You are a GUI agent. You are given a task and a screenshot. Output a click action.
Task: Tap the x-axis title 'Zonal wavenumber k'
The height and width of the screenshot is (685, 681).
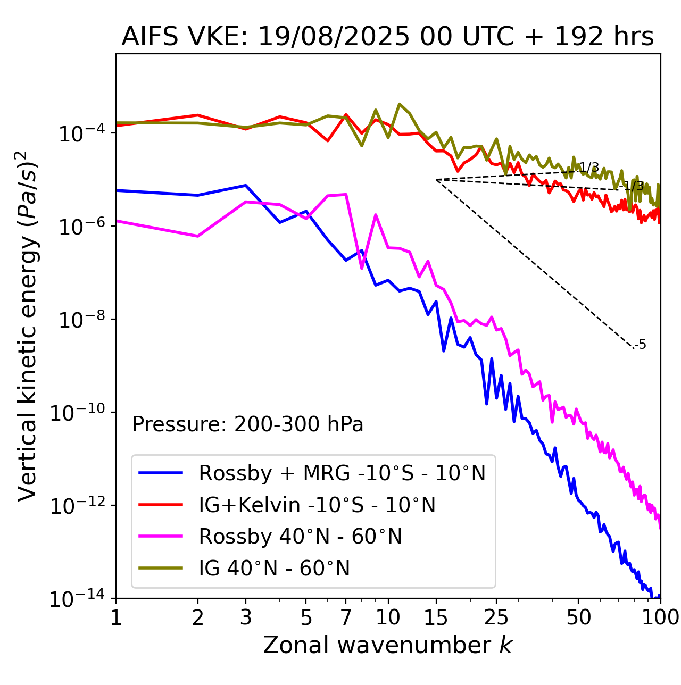click(x=387, y=645)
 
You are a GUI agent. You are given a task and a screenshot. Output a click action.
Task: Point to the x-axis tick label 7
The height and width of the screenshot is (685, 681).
click(x=346, y=617)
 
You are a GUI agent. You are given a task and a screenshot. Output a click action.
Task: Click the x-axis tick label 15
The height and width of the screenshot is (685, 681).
click(x=436, y=617)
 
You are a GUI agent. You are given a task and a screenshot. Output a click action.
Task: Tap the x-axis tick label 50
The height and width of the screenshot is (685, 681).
click(x=578, y=617)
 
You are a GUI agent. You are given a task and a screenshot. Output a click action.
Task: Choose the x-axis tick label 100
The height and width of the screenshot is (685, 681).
click(x=660, y=617)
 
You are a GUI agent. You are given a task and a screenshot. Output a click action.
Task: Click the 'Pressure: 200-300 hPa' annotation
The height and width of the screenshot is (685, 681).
click(x=248, y=425)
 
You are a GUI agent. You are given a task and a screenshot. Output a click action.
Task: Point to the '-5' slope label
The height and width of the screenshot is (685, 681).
click(x=641, y=345)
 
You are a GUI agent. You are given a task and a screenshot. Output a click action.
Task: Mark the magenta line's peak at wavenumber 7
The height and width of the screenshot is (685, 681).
click(x=346, y=194)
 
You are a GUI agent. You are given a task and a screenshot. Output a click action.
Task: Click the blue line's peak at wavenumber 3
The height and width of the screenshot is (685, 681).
click(x=245, y=185)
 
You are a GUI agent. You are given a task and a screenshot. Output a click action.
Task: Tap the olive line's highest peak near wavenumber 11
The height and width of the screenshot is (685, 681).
click(x=400, y=104)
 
